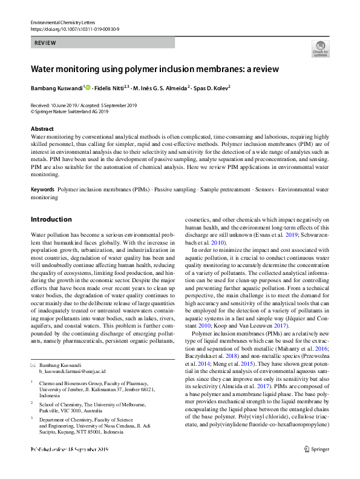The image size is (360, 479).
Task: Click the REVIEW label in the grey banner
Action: tap(45, 43)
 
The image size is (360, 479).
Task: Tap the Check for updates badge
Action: tap(320, 48)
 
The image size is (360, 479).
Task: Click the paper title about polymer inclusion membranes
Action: tap(154, 69)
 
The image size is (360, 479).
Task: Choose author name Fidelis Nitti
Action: tap(109, 88)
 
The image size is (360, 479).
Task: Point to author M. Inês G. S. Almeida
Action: tap(161, 88)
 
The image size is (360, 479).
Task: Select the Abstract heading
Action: tap(42, 129)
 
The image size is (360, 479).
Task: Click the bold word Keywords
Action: tap(42, 190)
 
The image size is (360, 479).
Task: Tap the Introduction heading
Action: tap(51, 219)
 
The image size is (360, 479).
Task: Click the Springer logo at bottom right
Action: tap(316, 466)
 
